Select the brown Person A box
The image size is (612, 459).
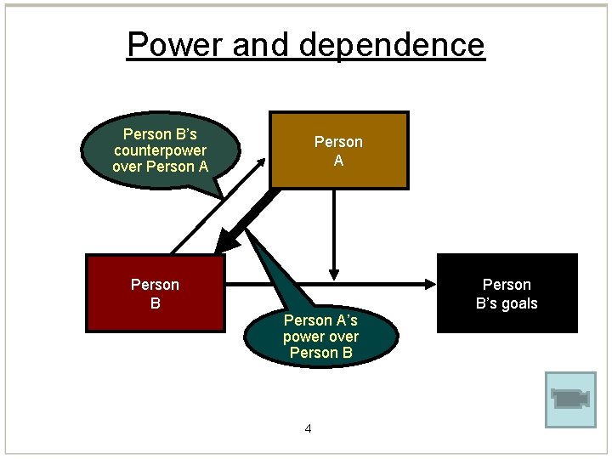tap(338, 150)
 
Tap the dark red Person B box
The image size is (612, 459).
tap(155, 292)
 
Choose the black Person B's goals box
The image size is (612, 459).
tap(507, 292)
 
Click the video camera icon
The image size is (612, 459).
tap(570, 398)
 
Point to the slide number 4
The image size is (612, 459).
tap(308, 428)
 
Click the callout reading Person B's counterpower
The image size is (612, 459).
tap(160, 150)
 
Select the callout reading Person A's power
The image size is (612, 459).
tap(320, 336)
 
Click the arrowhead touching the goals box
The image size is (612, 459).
tap(428, 282)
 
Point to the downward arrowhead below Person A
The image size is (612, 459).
tap(334, 272)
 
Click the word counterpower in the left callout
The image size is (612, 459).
tap(160, 150)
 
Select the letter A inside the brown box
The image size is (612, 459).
tap(338, 160)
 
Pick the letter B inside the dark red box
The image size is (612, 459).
tap(155, 303)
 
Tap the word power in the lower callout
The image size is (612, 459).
tap(302, 337)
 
